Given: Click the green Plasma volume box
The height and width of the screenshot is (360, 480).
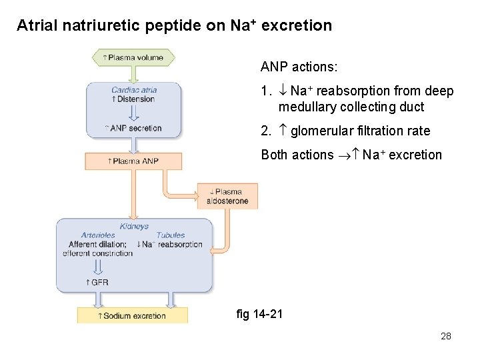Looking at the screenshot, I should coord(133,57).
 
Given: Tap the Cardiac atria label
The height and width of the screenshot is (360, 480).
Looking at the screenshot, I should coord(134,90).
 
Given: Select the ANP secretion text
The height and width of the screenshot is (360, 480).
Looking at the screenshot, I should coord(135,128).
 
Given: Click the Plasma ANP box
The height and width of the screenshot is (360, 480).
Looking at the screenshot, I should coord(133,161).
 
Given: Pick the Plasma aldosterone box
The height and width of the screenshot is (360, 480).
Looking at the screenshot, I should coord(227,197).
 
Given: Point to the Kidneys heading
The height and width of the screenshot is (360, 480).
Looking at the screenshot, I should coord(134,227).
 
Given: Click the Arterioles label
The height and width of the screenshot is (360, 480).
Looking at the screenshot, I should coord(98,235).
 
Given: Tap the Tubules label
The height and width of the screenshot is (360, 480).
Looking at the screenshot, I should coord(171,235).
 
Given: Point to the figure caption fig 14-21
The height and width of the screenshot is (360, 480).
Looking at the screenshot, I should coord(259,313).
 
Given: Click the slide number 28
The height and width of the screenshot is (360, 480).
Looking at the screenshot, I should coord(446,336).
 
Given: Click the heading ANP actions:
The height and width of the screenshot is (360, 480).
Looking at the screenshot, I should coord(299,67).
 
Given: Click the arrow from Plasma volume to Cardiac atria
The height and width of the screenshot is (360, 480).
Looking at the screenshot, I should coord(134,73).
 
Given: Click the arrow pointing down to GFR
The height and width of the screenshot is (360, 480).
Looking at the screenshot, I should coord(98,267).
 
